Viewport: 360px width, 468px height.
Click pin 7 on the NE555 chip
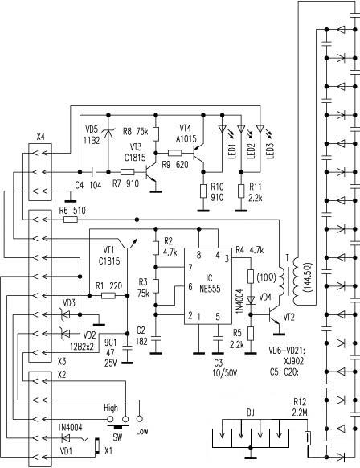tap(190, 268)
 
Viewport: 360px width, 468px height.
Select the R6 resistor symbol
tap(71, 220)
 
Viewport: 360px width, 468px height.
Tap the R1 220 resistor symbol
tap(108, 295)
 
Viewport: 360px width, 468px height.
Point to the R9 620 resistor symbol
tap(175, 153)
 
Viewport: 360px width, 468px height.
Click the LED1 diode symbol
tap(222, 129)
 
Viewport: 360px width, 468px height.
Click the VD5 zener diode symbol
tap(108, 133)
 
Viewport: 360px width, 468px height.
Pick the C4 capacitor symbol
tap(94, 172)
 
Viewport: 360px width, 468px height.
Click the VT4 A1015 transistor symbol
tap(198, 153)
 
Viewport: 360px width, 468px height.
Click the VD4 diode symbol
tap(251, 300)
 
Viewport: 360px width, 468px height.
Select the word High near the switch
tap(111, 408)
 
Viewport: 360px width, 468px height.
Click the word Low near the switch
tap(142, 431)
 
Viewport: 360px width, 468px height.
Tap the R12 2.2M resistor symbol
tap(308, 438)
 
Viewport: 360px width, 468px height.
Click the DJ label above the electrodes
tap(251, 413)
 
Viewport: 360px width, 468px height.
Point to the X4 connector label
tap(41, 137)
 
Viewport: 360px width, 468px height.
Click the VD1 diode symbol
tap(65, 438)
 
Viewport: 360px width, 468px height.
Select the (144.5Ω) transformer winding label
tap(308, 277)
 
